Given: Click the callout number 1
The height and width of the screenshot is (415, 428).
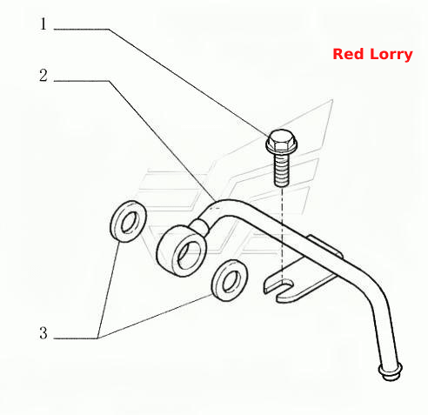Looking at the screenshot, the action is tap(43, 23).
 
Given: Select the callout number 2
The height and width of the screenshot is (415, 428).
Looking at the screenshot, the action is tap(43, 76).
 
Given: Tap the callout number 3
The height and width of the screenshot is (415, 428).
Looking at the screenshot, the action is tap(43, 333).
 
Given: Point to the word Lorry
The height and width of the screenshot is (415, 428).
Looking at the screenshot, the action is tap(391, 55).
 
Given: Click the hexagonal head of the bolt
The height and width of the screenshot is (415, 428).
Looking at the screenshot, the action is tap(280, 138).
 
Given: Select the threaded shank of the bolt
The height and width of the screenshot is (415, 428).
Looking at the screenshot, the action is tap(281, 170).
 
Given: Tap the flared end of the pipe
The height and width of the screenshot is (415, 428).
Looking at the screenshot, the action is tap(390, 371).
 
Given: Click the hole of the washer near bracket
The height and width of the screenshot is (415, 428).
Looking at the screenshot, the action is tap(231, 281).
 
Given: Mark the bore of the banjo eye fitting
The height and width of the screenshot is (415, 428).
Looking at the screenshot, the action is tap(189, 255).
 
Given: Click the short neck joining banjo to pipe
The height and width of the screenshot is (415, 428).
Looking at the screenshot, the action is tap(199, 225).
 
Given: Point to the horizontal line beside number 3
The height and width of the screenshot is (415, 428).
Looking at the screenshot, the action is tap(76, 338).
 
